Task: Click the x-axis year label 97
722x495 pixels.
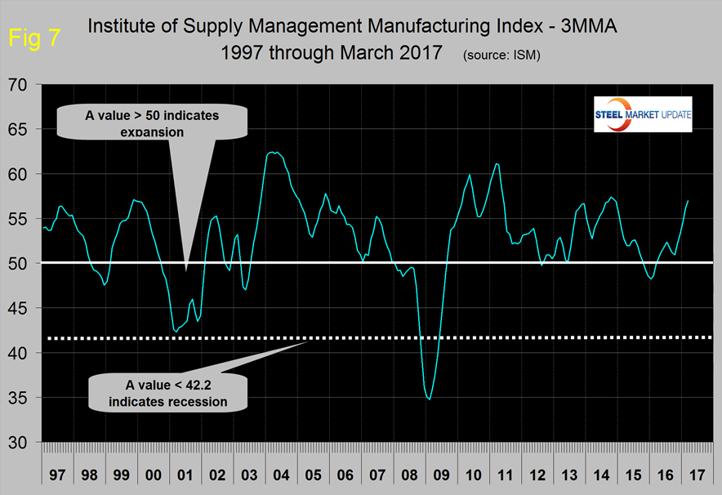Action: (x=57, y=475)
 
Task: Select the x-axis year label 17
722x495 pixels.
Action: (x=697, y=475)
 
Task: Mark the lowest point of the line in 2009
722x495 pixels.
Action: (x=430, y=399)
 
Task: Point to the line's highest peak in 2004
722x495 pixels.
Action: (x=274, y=152)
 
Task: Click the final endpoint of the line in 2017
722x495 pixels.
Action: (x=689, y=200)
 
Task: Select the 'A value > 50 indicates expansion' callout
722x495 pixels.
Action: (x=152, y=123)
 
